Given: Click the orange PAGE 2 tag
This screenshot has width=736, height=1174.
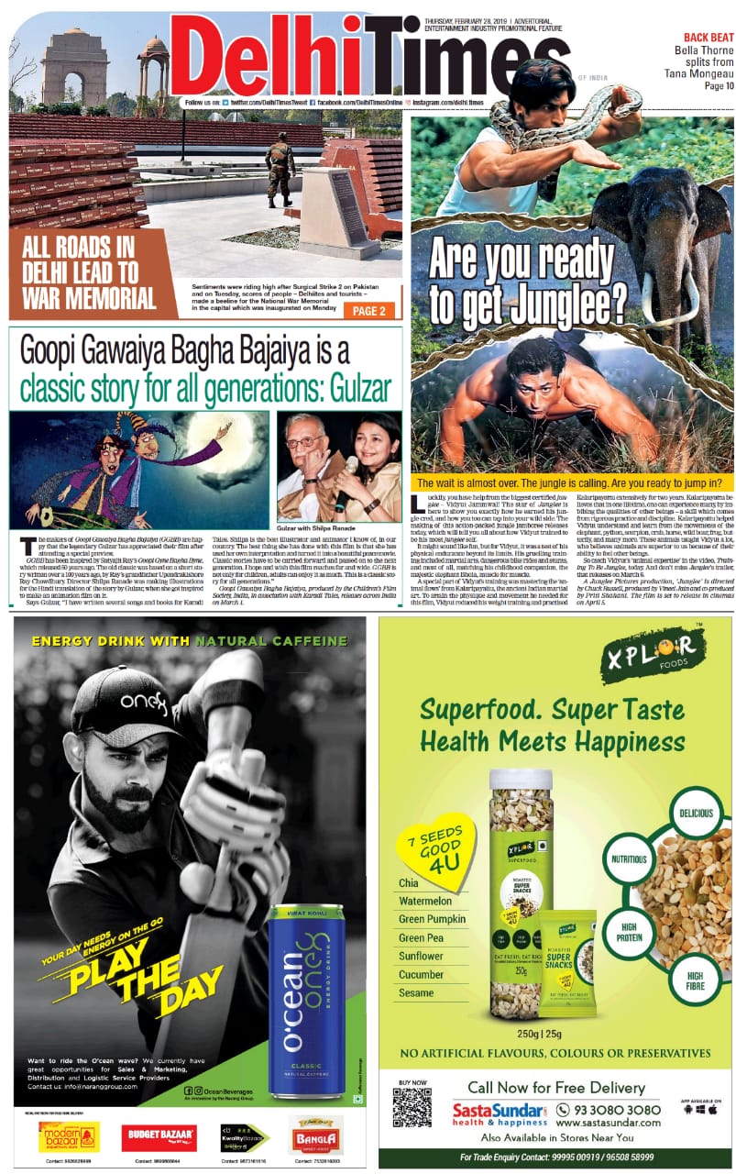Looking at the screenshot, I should click(x=370, y=310).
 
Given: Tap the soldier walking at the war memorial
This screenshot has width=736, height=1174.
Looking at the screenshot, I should click(x=280, y=169).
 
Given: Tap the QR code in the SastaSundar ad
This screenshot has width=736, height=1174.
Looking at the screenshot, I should click(x=412, y=1107).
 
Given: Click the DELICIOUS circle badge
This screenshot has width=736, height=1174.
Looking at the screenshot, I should click(x=697, y=813).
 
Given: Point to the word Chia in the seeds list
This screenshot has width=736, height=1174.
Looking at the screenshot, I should click(x=409, y=882).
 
